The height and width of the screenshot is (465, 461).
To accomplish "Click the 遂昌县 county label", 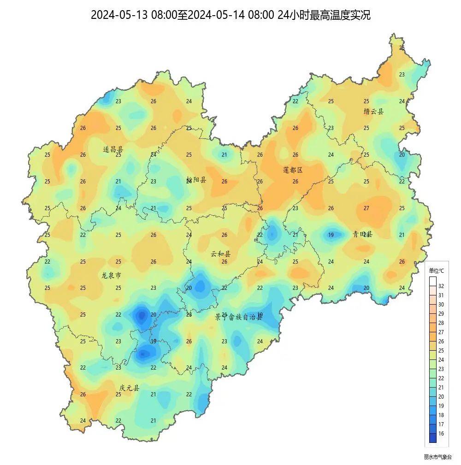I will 113,149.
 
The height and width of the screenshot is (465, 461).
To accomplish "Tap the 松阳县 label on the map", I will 196,180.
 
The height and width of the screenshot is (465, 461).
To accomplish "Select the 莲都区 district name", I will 293,170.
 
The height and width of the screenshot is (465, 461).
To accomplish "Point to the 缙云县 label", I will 373,112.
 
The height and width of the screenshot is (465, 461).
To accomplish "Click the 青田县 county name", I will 362,234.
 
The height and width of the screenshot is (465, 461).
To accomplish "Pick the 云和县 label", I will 221,254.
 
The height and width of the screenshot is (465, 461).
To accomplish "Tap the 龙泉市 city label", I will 111,276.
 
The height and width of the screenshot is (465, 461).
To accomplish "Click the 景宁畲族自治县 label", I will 239,317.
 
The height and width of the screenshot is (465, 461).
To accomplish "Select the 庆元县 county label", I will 129,388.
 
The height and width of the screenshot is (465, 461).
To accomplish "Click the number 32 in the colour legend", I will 441,286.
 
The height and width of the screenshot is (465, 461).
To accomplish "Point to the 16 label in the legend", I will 441,434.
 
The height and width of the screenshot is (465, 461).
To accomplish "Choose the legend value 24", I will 441,360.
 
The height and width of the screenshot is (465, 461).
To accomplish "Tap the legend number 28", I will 441,323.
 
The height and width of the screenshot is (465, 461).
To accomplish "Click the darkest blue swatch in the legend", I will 432,438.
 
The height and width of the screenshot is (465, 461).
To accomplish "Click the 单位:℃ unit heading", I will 436,271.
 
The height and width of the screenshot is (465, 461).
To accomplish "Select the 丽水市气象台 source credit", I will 438,457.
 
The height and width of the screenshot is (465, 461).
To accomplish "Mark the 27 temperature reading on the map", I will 366,208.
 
